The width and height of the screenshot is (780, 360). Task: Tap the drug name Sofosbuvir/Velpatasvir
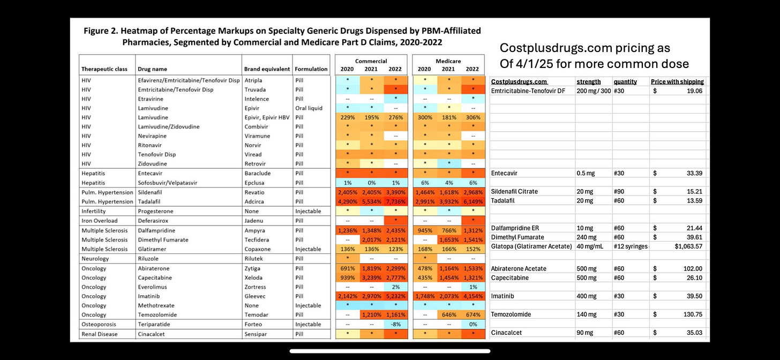tap(167, 183)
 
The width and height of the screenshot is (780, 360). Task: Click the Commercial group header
tap(371, 61)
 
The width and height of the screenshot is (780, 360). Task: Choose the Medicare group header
tap(448, 61)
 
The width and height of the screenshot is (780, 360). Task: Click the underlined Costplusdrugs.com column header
tap(519, 82)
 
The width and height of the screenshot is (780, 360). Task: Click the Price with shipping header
tap(678, 82)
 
